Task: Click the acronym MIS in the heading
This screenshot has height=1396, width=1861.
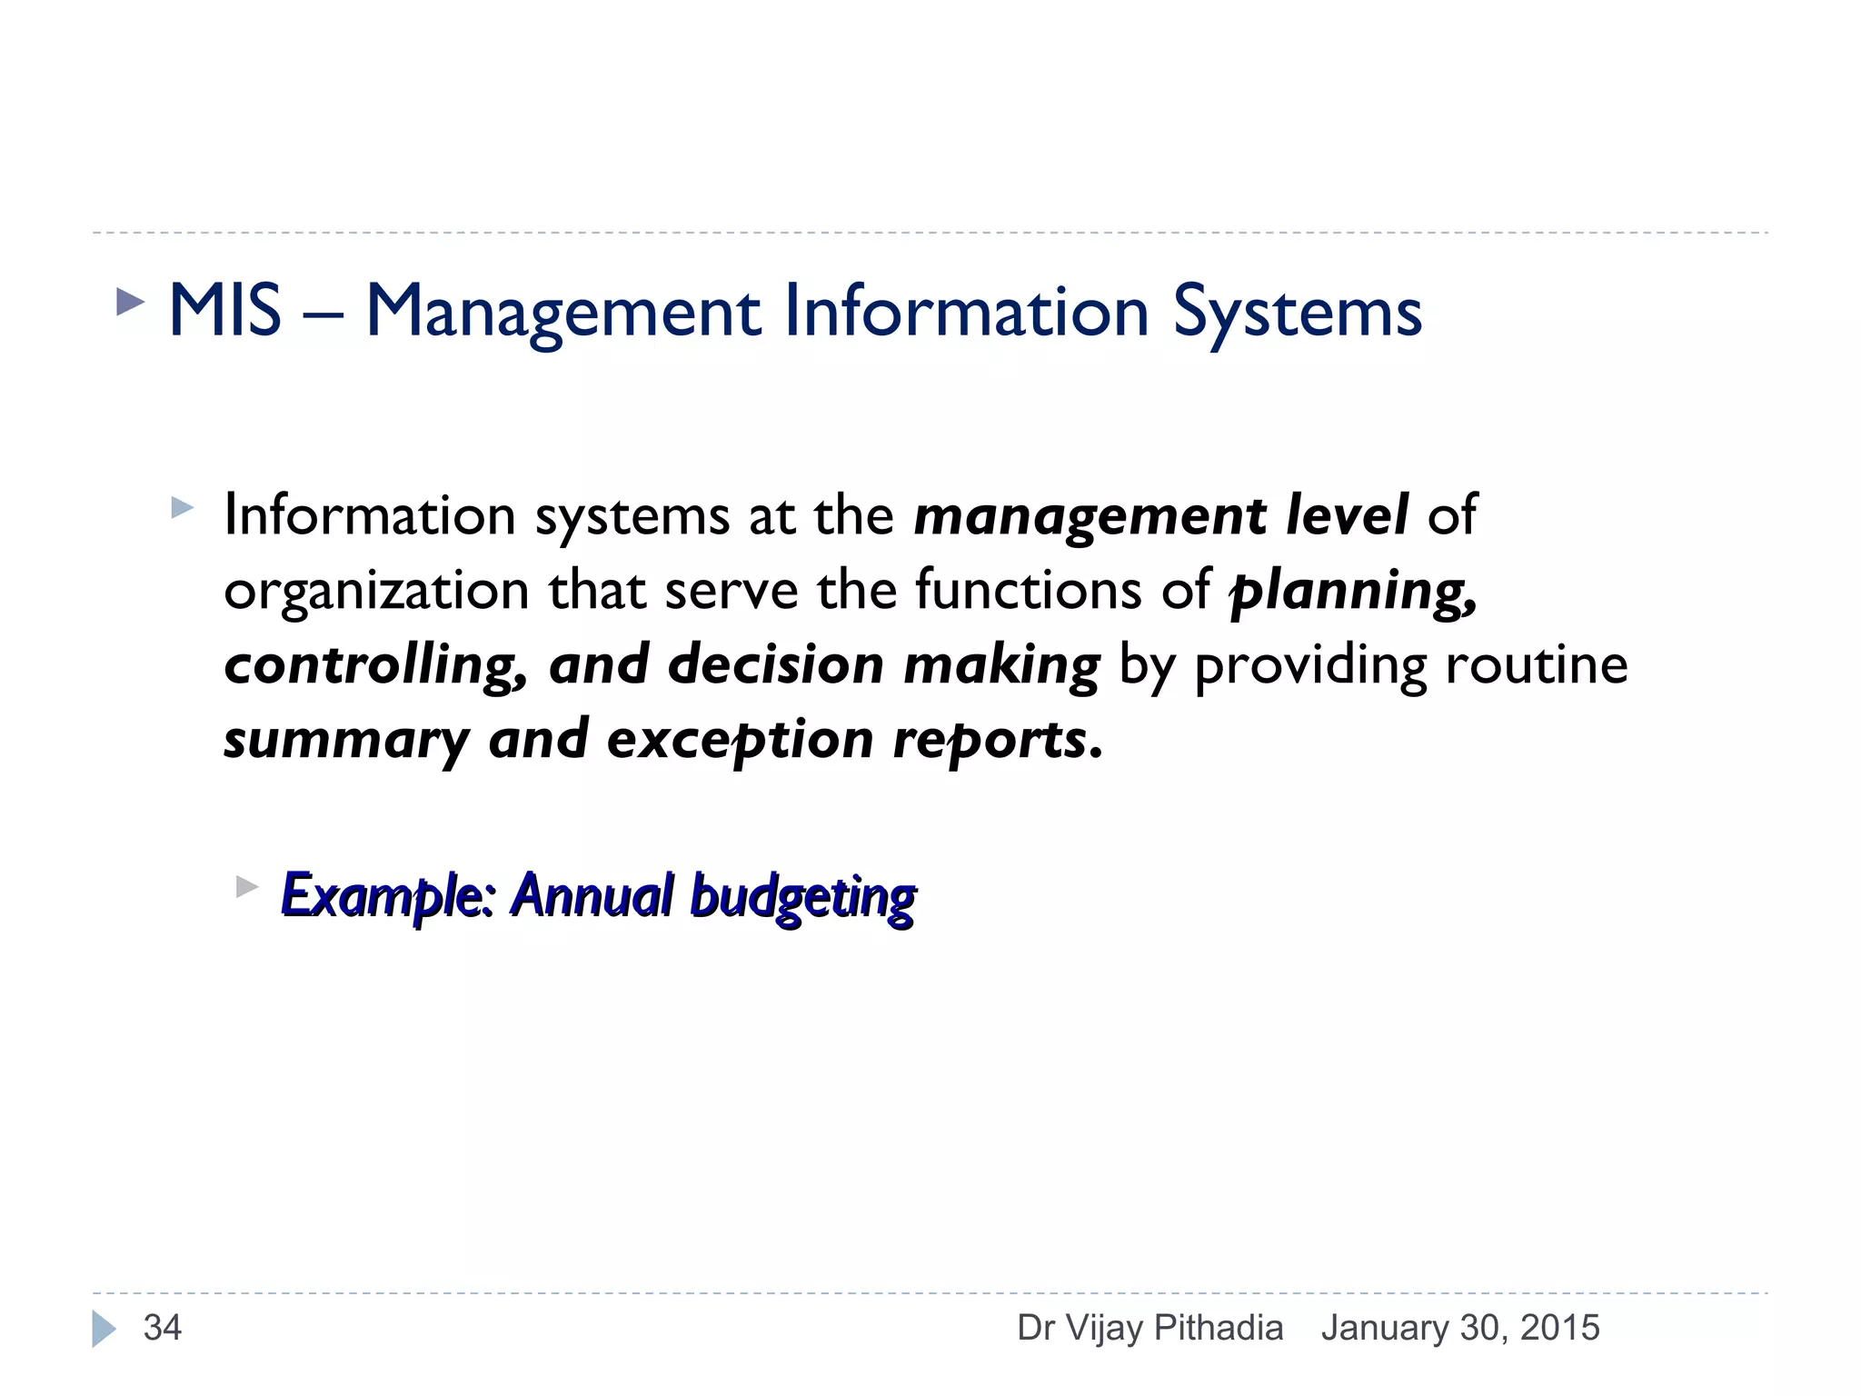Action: click(224, 312)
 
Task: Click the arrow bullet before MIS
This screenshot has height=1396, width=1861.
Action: click(131, 303)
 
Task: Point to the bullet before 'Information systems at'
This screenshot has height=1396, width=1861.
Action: click(183, 507)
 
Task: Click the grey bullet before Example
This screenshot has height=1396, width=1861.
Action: click(247, 886)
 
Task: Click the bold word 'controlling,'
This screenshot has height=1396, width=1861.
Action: click(375, 665)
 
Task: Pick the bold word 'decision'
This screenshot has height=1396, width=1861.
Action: click(775, 665)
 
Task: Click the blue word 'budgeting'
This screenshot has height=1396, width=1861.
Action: click(802, 898)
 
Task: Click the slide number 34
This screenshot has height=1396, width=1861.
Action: click(163, 1328)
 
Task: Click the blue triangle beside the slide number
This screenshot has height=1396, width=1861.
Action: click(104, 1329)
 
